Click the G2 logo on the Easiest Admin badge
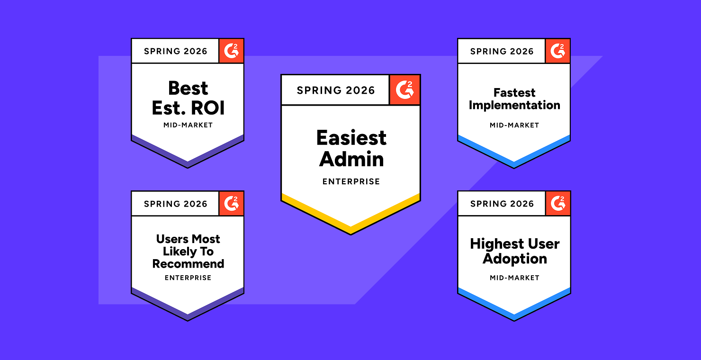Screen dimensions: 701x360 [404, 90]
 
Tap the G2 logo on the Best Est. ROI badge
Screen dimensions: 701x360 [231, 51]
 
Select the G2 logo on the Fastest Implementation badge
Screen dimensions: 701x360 [557, 51]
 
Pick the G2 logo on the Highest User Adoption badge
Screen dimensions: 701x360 [558, 204]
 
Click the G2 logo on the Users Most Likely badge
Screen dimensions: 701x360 [231, 204]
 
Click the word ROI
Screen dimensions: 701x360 [207, 108]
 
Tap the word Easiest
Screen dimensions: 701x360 [351, 138]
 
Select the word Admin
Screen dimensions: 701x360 [351, 159]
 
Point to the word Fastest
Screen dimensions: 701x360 [514, 93]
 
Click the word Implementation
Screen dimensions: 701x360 [514, 105]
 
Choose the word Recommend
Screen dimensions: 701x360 [188, 264]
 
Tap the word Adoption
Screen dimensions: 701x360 [515, 259]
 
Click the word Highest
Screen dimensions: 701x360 [497, 244]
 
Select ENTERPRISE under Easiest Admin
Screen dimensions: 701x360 [351, 181]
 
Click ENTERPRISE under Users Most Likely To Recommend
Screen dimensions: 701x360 [188, 278]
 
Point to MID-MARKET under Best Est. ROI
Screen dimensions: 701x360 [188, 125]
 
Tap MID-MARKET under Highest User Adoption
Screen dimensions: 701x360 [514, 278]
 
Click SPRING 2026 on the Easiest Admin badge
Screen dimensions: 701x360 [336, 90]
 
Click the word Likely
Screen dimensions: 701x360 [180, 252]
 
